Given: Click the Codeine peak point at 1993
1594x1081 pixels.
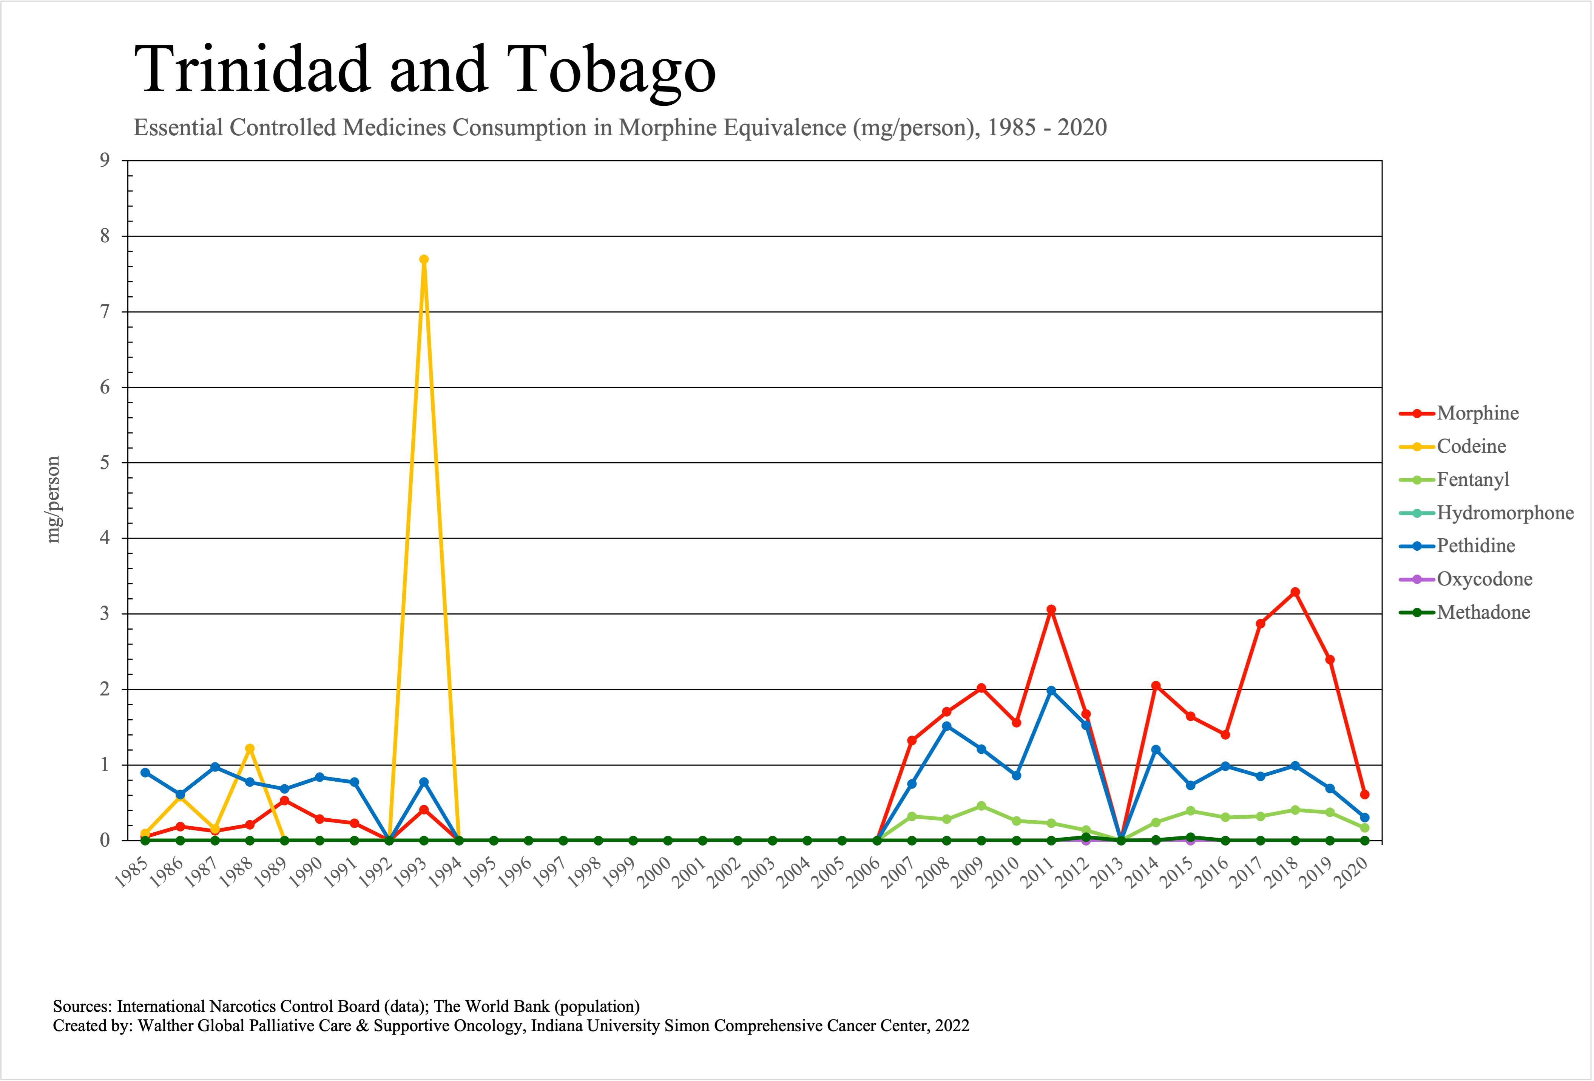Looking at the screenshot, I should pos(424,259).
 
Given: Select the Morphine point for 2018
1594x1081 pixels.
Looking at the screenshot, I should pos(1295,592).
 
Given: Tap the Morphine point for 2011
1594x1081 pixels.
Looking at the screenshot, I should pos(1051,609).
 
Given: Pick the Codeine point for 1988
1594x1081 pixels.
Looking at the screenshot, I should pos(250,748).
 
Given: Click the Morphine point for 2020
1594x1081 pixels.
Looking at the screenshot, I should pos(1364,794).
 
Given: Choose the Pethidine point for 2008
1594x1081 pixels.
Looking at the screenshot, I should pos(946,726).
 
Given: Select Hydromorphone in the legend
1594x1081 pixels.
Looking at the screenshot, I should pos(1505,513).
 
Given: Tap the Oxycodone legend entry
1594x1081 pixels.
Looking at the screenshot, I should pos(1484,579).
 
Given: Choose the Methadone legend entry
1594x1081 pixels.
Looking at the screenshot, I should pos(1483,612).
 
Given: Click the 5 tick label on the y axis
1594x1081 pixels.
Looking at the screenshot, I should pos(105,463).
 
